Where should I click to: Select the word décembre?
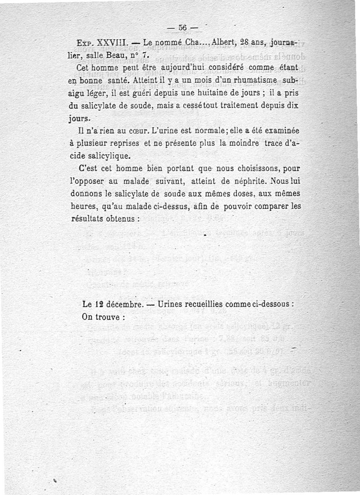tap(122, 304)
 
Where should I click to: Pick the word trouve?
tap(108, 317)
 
